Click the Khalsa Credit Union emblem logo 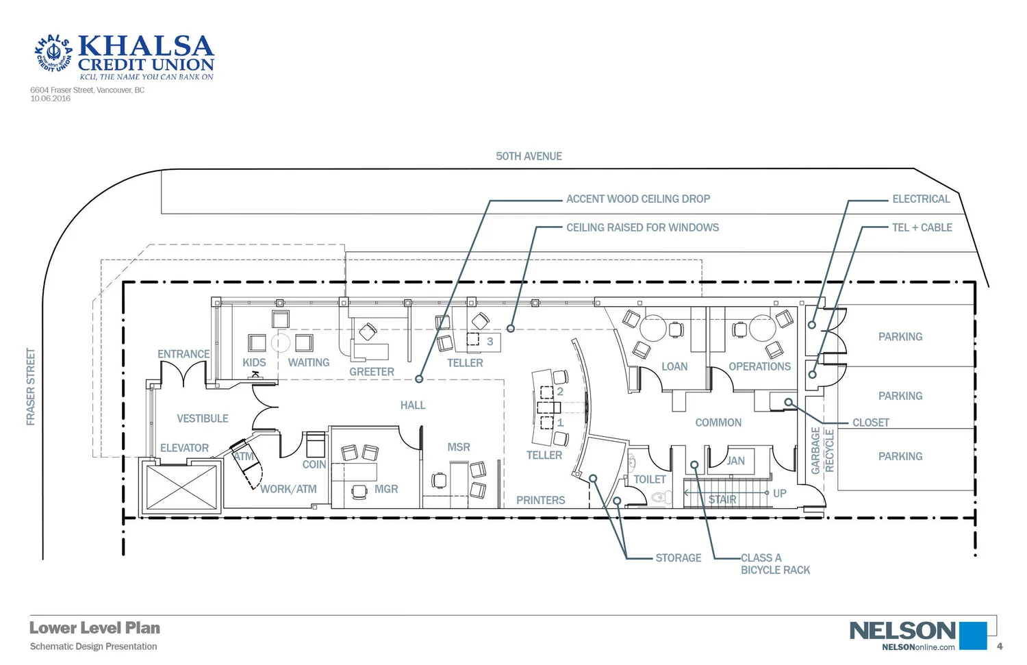(x=53, y=54)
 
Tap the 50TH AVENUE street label (x=529, y=156)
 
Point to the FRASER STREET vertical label (x=31, y=386)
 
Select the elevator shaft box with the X (x=181, y=487)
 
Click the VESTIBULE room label (x=203, y=418)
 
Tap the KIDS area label (x=254, y=362)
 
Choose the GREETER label (x=372, y=372)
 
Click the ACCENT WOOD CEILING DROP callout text (x=638, y=199)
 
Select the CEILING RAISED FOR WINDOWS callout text (x=642, y=227)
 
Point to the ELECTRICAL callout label (x=921, y=199)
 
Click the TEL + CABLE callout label (x=922, y=227)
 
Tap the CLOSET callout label (x=870, y=423)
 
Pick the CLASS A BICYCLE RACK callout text (x=774, y=564)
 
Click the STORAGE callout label (x=678, y=558)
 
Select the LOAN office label (x=674, y=366)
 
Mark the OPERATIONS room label (x=759, y=366)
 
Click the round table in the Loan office (x=653, y=328)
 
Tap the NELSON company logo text (x=902, y=631)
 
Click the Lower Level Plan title (x=94, y=628)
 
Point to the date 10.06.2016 (x=50, y=99)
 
